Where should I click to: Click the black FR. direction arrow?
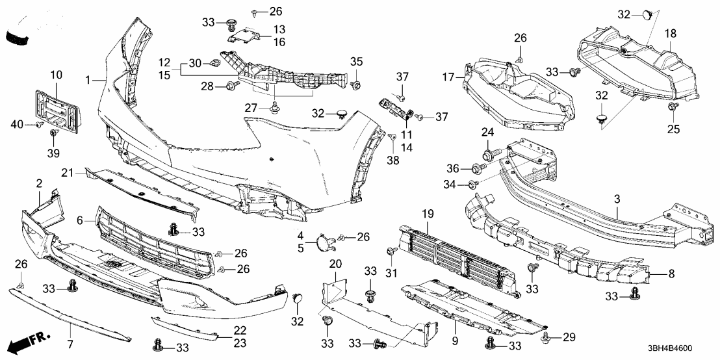(25, 339)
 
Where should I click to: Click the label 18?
(670, 32)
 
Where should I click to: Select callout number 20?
(335, 263)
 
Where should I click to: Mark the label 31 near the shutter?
(392, 273)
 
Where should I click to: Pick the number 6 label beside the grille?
(80, 221)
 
